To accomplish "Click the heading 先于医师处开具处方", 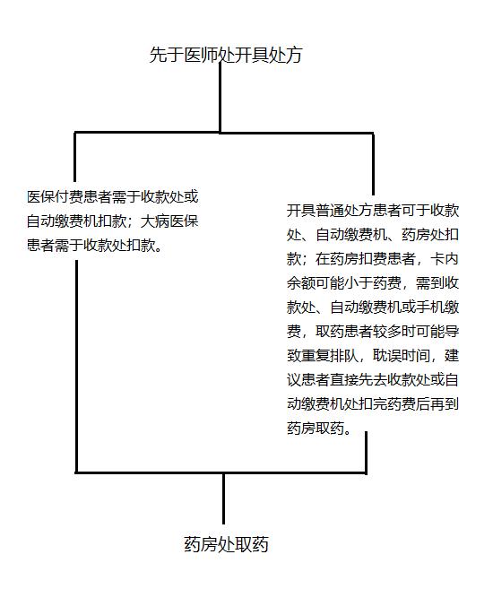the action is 226,55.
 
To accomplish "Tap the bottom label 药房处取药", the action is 226,544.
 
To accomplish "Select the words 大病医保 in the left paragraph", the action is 169,221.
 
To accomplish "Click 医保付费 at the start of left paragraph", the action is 56,197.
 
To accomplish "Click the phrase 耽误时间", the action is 401,355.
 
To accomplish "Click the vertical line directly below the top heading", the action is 220,98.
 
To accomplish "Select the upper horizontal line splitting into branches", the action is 224,133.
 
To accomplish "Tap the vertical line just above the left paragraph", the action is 75,157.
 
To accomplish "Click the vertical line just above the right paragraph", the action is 373,164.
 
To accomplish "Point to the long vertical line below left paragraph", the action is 76,367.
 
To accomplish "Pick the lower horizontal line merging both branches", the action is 221,472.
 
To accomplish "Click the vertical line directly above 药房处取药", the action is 223,498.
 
